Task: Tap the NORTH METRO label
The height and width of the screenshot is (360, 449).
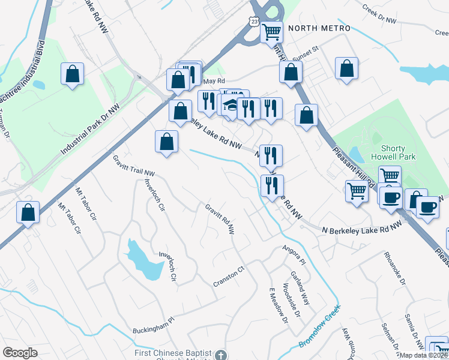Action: point(319,28)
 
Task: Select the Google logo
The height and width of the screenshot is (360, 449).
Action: point(20,353)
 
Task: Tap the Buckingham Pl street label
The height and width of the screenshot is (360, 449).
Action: point(152,325)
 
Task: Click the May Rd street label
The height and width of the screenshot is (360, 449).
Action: point(214,81)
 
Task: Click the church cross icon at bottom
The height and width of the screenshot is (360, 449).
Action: point(221,355)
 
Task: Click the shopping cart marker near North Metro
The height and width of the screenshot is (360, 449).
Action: point(272,31)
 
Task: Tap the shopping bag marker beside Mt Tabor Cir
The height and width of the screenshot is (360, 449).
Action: point(28,212)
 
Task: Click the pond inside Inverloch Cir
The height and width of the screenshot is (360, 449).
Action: point(140,259)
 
